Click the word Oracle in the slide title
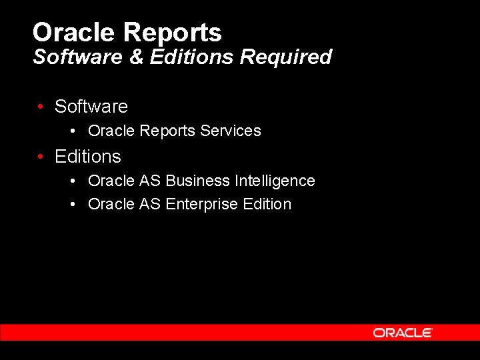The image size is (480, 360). [75, 32]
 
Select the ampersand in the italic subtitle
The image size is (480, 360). [136, 57]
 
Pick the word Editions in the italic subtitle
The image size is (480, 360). [191, 57]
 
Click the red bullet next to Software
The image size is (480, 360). [41, 107]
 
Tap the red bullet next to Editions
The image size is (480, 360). [41, 157]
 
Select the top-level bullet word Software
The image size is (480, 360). [91, 107]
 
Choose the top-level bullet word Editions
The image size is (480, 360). [88, 157]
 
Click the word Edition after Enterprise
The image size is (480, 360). [267, 204]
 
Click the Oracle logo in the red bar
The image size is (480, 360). [403, 333]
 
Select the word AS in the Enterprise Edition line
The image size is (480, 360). [150, 204]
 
